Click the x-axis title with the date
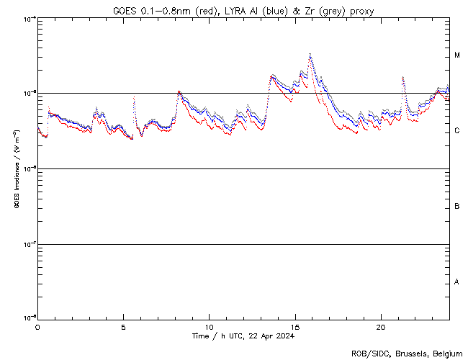[x=243, y=336]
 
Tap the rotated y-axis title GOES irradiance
[x=16, y=169]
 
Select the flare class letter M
[x=457, y=55]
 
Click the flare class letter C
[x=457, y=131]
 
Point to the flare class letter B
[x=457, y=207]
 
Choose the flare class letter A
[x=457, y=282]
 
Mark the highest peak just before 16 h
[x=310, y=54]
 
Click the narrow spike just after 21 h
[x=402, y=77]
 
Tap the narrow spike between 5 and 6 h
[x=134, y=96]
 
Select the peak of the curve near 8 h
[x=179, y=91]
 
